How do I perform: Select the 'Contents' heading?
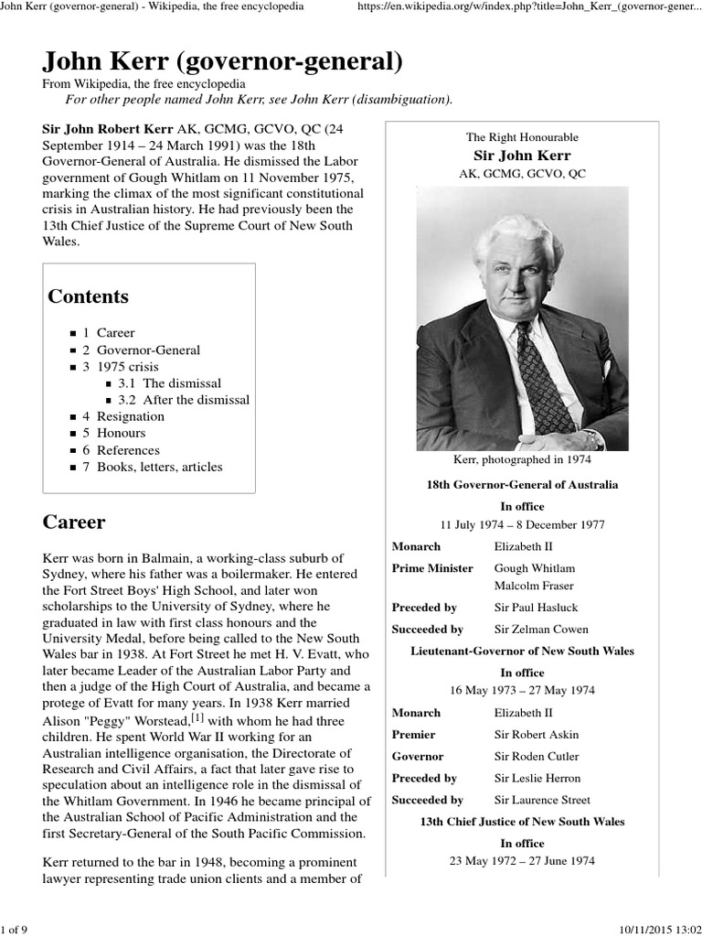(88, 296)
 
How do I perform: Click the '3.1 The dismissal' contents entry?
(169, 383)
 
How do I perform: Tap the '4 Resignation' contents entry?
(130, 416)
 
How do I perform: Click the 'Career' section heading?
(74, 522)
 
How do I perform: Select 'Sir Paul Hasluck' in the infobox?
(536, 608)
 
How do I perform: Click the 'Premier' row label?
(413, 735)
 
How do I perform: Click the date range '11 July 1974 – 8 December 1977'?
(522, 524)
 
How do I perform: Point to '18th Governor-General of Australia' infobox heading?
(522, 484)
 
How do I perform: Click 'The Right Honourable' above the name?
(522, 137)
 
